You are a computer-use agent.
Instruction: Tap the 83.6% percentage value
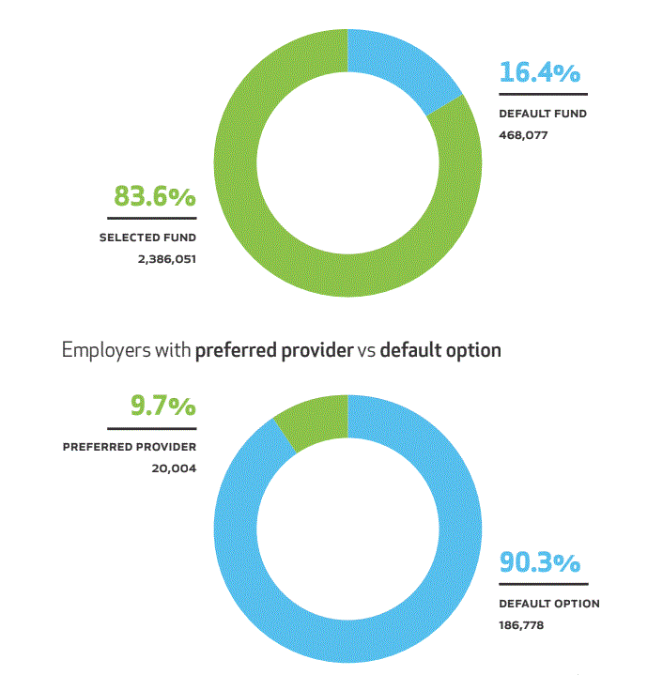click(155, 197)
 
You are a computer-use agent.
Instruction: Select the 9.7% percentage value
click(162, 407)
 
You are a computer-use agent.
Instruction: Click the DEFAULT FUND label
click(543, 114)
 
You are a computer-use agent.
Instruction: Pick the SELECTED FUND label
click(147, 238)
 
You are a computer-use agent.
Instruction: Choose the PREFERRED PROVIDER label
click(130, 447)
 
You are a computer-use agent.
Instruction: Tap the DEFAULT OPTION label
click(548, 604)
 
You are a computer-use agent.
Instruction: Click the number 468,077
click(523, 134)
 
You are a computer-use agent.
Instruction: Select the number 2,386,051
click(166, 257)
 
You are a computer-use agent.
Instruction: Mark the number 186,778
click(522, 624)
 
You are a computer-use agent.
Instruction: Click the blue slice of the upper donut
click(398, 65)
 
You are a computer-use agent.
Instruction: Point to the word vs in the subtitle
click(366, 351)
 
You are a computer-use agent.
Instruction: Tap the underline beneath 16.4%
click(543, 94)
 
